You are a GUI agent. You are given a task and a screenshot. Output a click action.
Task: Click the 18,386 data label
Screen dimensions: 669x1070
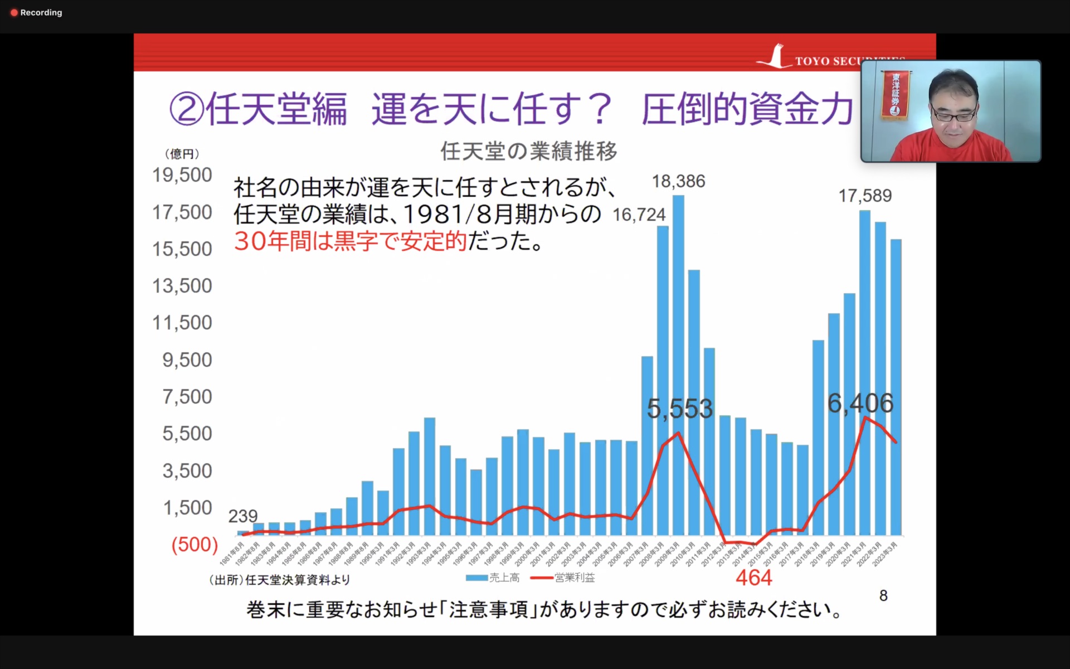coord(678,182)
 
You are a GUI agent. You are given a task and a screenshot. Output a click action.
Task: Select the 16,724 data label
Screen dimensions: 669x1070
coord(639,215)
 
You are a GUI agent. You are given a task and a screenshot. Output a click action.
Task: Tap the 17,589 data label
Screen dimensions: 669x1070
coord(865,196)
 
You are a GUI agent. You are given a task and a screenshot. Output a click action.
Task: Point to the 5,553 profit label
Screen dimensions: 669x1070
coord(679,409)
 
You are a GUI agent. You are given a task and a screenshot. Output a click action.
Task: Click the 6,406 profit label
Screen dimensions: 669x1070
coord(860,404)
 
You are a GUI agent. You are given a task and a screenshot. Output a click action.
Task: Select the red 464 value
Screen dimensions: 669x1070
coord(753,578)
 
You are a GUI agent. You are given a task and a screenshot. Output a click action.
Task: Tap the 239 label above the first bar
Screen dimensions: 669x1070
coord(243,516)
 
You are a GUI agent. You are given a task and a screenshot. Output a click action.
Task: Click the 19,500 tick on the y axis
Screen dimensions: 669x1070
coord(182,175)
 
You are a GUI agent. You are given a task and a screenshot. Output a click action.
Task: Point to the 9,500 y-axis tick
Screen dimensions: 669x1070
coord(187,360)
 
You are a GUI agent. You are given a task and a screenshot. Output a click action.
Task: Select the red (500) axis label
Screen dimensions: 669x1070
coord(194,545)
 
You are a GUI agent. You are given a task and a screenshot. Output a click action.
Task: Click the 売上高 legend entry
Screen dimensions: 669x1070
coord(494,578)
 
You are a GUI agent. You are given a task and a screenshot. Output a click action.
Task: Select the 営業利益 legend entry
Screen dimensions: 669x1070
coord(564,578)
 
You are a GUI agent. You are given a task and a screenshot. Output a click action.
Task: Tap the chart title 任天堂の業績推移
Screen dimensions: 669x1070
coord(528,151)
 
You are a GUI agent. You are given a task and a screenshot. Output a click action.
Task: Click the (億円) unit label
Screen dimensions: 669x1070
coord(182,154)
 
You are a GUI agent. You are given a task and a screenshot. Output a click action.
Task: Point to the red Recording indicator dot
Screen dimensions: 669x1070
coord(14,13)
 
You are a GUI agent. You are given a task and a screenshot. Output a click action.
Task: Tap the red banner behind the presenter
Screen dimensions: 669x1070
coord(895,94)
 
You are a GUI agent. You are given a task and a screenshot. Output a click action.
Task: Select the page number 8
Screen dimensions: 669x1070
coord(883,596)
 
